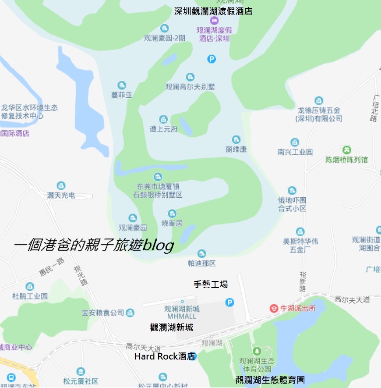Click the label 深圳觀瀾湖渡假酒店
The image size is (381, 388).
pyautogui.click(x=213, y=11)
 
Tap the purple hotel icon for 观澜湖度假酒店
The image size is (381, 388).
pyautogui.click(x=214, y=21)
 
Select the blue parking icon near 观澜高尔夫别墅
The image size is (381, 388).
pyautogui.click(x=212, y=59)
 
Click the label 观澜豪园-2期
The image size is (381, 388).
pyautogui.click(x=165, y=38)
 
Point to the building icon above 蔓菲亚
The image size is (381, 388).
pyautogui.click(x=122, y=85)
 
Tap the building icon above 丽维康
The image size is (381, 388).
pyautogui.click(x=236, y=139)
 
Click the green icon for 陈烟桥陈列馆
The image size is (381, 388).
pyautogui.click(x=347, y=150)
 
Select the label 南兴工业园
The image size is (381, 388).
pyautogui.click(x=295, y=152)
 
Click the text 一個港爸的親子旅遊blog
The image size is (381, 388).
pyautogui.click(x=94, y=246)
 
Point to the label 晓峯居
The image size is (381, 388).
pyautogui.click(x=172, y=224)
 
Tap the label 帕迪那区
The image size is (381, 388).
pyautogui.click(x=201, y=263)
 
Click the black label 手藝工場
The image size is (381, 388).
pyautogui.click(x=211, y=285)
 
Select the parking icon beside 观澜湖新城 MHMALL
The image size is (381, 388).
pyautogui.click(x=229, y=302)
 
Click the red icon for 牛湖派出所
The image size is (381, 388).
pyautogui.click(x=274, y=308)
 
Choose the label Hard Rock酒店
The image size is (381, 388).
pyautogui.click(x=164, y=356)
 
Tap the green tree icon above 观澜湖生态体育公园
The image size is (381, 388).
pyautogui.click(x=257, y=351)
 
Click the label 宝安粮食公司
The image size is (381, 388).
pyautogui.click(x=103, y=313)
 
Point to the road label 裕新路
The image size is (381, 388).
pyautogui.click(x=303, y=281)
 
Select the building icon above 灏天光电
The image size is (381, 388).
pyautogui.click(x=61, y=186)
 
